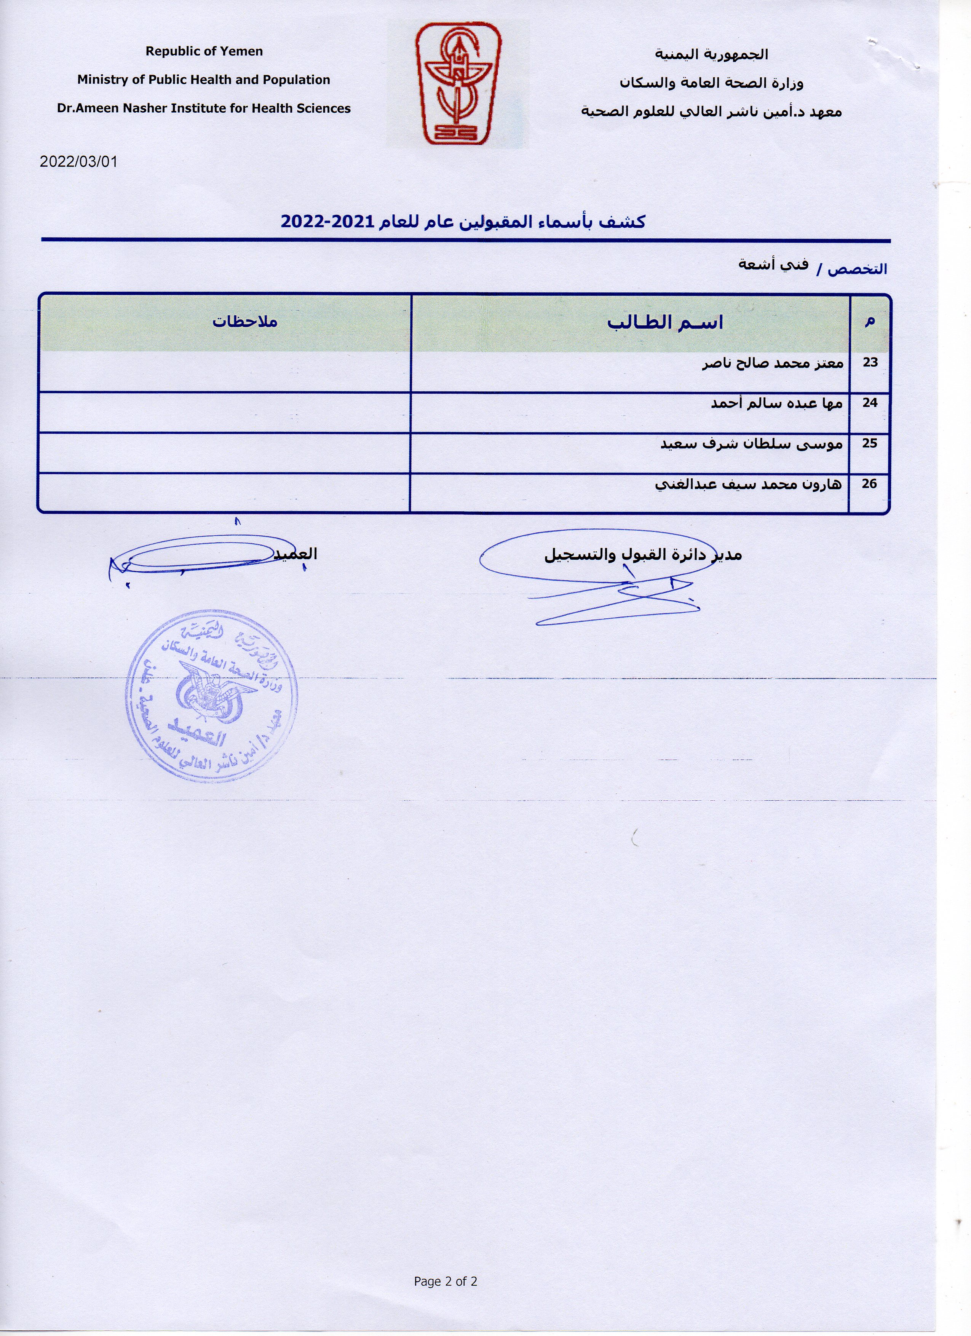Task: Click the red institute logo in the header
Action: pos(458,84)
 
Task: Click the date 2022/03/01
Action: pos(78,161)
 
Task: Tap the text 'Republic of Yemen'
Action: pos(204,51)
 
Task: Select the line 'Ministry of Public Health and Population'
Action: pos(203,80)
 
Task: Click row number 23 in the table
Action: pos(870,362)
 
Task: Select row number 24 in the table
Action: pos(870,403)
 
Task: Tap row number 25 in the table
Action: pos(870,443)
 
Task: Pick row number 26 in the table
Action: pos(870,484)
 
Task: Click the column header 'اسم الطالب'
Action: pos(665,323)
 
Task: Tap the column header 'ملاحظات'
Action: pos(245,322)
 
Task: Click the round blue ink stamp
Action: pos(211,696)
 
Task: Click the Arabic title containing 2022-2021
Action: pos(463,222)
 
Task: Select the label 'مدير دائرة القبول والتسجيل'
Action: pos(642,555)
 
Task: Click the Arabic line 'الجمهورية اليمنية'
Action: pos(711,54)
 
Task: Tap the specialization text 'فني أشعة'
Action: pos(773,265)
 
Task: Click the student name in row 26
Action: pos(748,485)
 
